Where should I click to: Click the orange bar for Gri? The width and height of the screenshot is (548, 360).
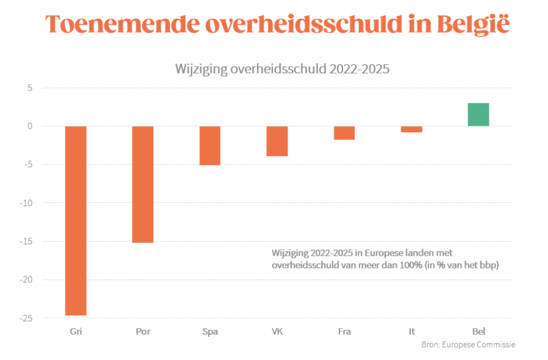[x=75, y=220]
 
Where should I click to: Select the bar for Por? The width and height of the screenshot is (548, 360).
[x=143, y=184]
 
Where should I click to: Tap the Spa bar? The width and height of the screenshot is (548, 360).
[x=210, y=145]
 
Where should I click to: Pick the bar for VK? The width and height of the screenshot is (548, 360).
[x=277, y=141]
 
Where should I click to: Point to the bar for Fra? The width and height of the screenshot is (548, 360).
[x=345, y=133]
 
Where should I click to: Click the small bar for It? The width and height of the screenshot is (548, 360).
[x=412, y=129]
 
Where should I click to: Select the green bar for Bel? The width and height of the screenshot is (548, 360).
[x=478, y=114]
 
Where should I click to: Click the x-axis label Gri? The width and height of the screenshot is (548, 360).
[x=75, y=332]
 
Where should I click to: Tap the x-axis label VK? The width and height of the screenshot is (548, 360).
[x=277, y=332]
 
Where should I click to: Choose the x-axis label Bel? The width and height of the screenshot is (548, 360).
[x=478, y=332]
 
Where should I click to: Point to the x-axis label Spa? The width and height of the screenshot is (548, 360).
[x=210, y=332]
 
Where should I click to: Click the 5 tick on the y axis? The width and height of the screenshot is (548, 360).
[x=31, y=88]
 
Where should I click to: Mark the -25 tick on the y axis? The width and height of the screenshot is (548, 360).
[x=27, y=318]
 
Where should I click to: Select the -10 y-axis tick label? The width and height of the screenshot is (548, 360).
[x=27, y=203]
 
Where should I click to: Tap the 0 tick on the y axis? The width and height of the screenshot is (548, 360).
[x=31, y=126]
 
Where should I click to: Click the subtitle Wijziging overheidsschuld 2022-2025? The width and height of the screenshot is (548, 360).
[x=274, y=69]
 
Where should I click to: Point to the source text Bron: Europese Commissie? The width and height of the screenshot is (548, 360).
[x=468, y=345]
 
